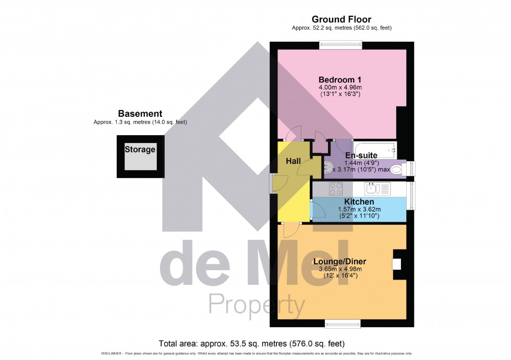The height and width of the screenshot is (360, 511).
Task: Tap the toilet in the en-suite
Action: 397,169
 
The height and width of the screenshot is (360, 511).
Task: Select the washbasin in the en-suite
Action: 329,167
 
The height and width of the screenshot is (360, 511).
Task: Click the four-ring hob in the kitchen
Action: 335,189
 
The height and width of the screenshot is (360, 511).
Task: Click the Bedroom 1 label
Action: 340,79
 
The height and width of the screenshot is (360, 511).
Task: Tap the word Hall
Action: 293,162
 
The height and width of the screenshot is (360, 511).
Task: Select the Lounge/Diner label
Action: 340,262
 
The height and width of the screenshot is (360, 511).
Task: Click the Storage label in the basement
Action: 140,150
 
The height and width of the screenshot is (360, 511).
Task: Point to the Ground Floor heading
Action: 341,19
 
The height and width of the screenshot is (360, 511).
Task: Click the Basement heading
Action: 140,113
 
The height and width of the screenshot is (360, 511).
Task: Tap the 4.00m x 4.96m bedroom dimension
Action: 340,87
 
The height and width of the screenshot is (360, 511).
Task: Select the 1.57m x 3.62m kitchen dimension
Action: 359,210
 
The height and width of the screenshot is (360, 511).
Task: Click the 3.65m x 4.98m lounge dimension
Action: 340,269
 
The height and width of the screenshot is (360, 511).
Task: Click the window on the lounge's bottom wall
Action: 342,323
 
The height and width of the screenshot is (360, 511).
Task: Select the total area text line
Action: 252,343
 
